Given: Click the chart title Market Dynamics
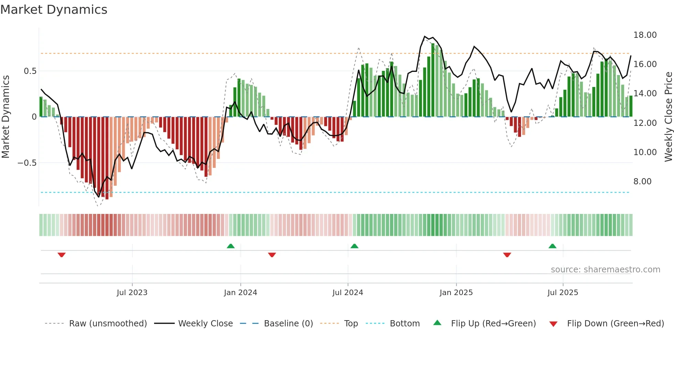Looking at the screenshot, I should pyautogui.click(x=54, y=10).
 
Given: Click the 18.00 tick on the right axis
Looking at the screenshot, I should pyautogui.click(x=645, y=35).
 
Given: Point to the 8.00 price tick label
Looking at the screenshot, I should pyautogui.click(x=642, y=182).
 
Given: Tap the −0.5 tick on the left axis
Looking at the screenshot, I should pyautogui.click(x=27, y=163).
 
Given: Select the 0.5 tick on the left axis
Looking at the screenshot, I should pyautogui.click(x=30, y=71).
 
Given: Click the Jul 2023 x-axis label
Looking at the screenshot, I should pyautogui.click(x=132, y=293).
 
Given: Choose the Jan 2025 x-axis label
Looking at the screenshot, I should pyautogui.click(x=456, y=293).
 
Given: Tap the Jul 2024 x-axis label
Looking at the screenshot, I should pyautogui.click(x=348, y=293).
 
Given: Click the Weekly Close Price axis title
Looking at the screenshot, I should pyautogui.click(x=668, y=117).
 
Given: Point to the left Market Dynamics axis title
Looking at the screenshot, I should pyautogui.click(x=6, y=117).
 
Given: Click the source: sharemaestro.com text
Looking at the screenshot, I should pyautogui.click(x=605, y=270).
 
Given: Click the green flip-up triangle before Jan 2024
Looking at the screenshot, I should pyautogui.click(x=231, y=246).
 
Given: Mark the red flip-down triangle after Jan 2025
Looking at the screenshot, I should pyautogui.click(x=507, y=255).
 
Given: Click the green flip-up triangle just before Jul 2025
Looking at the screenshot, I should pyautogui.click(x=552, y=246).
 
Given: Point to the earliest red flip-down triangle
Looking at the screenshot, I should pyautogui.click(x=62, y=255).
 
